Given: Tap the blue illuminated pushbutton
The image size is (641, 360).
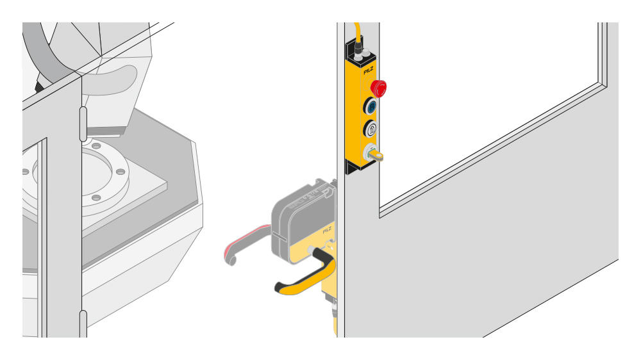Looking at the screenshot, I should pos(371,106).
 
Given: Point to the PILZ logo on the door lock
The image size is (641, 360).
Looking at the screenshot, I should pos(327,228).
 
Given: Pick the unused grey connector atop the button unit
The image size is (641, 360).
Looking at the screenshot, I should pos(369,56).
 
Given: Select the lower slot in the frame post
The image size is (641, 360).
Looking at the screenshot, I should pos(83,323).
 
